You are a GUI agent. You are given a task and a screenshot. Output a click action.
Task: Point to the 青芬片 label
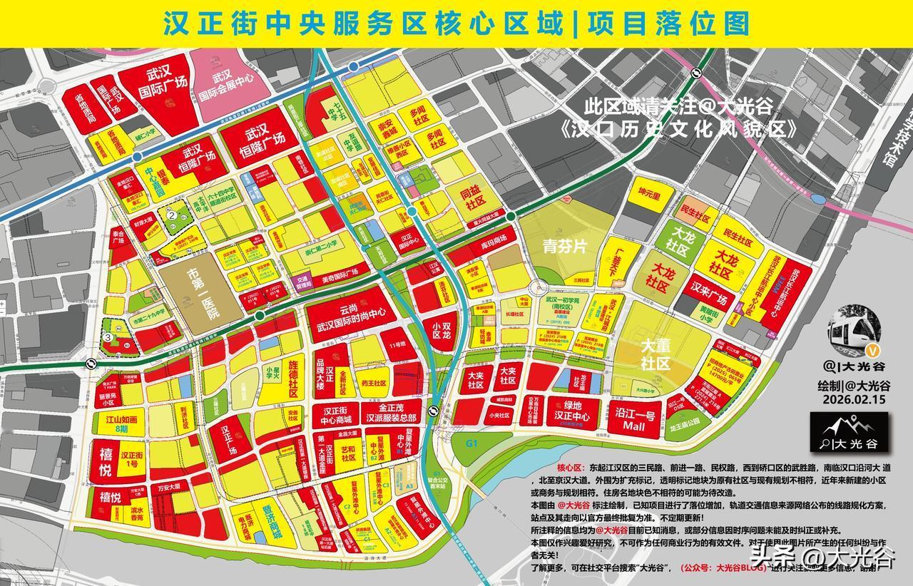pyautogui.click(x=564, y=247)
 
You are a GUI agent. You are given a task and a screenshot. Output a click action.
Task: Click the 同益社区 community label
pyautogui.click(x=466, y=198)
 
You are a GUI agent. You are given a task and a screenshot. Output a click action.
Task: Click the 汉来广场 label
pyautogui.click(x=708, y=292)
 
